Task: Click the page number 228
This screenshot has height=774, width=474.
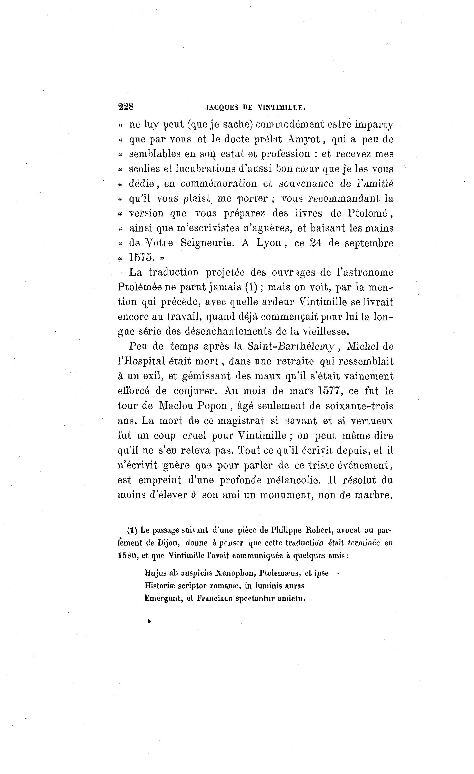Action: tap(126, 107)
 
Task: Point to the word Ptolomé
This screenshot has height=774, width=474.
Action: tap(368, 214)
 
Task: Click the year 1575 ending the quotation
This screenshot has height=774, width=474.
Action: tap(142, 258)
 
